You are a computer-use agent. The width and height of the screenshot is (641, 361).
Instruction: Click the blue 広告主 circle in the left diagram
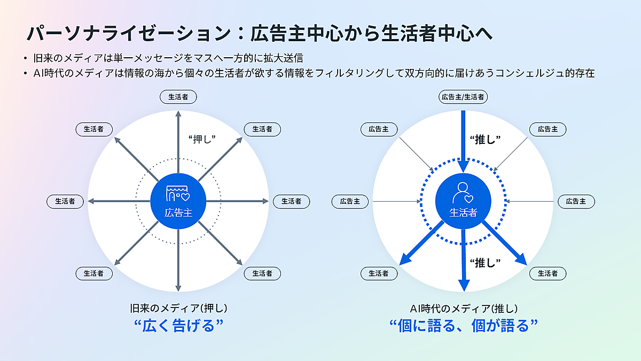click(x=178, y=201)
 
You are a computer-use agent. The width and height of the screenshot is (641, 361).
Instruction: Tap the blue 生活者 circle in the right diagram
click(x=463, y=201)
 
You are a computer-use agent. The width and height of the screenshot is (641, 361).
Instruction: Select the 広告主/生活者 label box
click(x=463, y=97)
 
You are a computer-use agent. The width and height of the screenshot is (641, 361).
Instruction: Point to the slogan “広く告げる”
click(x=178, y=326)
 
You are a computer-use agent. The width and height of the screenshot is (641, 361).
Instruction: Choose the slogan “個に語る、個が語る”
click(x=463, y=326)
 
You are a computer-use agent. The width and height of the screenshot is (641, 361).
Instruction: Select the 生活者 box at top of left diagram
click(x=178, y=97)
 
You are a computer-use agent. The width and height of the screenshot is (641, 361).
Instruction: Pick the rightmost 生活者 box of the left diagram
click(x=292, y=202)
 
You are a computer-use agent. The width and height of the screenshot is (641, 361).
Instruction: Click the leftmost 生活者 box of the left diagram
click(x=65, y=202)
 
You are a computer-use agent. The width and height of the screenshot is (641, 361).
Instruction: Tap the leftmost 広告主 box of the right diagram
click(x=350, y=202)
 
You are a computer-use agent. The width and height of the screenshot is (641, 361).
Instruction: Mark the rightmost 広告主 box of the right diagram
click(x=576, y=202)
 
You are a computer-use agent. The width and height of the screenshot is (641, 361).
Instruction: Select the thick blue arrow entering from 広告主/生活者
click(x=463, y=134)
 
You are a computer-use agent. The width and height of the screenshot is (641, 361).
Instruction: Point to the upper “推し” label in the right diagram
click(x=484, y=139)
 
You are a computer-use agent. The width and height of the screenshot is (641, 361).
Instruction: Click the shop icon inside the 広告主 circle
click(x=178, y=193)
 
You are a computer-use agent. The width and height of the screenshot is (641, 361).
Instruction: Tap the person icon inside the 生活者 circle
click(x=463, y=193)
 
